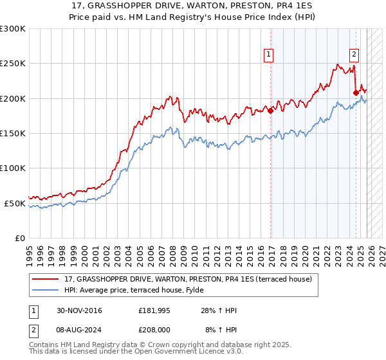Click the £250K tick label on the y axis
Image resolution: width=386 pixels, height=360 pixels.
pyautogui.click(x=13, y=64)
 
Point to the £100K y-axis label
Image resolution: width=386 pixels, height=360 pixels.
pyautogui.click(x=13, y=168)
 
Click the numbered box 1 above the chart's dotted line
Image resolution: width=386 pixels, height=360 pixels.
pyautogui.click(x=268, y=55)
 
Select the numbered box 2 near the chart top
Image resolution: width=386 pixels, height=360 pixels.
pyautogui.click(x=354, y=55)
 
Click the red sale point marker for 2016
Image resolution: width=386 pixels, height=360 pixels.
pyautogui.click(x=271, y=111)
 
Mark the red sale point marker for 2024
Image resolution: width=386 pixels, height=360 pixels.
pyautogui.click(x=356, y=93)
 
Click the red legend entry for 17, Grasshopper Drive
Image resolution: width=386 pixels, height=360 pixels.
pyautogui.click(x=188, y=279)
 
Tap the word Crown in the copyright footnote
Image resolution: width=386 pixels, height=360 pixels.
pyautogui.click(x=164, y=345)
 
